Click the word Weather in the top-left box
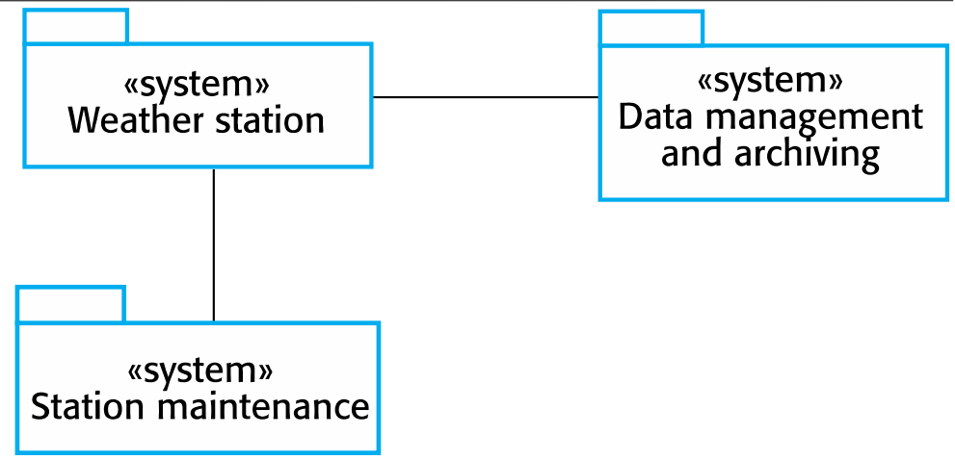[130, 121]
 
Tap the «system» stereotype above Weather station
[198, 85]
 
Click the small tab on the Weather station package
[75, 27]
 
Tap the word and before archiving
[691, 153]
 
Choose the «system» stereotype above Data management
[771, 81]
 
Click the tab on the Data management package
[650, 28]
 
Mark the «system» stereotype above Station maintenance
[200, 370]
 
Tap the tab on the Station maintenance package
[70, 304]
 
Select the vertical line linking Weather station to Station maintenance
[213, 244]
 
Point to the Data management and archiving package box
[771, 183]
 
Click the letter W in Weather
[85, 121]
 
